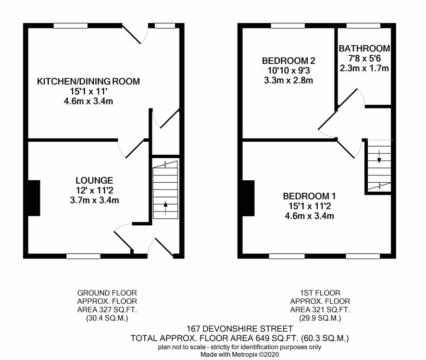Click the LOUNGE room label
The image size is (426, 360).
tap(94, 181)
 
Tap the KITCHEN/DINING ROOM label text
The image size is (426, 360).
tap(88, 81)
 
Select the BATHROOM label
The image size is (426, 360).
tap(364, 49)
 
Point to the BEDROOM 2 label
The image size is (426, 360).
tap(288, 61)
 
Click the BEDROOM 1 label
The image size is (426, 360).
tap(310, 196)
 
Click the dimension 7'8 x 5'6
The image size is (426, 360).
tap(364, 58)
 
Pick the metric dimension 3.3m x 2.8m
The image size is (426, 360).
tap(288, 81)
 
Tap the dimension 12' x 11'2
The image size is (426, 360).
tap(94, 191)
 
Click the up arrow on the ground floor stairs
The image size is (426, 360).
tap(165, 208)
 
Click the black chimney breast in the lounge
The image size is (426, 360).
tap(34, 198)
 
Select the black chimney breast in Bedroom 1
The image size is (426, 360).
tap(248, 198)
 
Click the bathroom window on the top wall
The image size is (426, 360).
tap(363, 26)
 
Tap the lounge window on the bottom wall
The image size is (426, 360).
tap(83, 256)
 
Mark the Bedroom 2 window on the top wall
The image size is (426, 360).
tap(288, 26)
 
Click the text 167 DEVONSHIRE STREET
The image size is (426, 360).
tap(239, 329)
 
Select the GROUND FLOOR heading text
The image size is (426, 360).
tap(107, 293)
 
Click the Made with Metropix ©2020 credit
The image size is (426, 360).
tap(239, 354)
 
